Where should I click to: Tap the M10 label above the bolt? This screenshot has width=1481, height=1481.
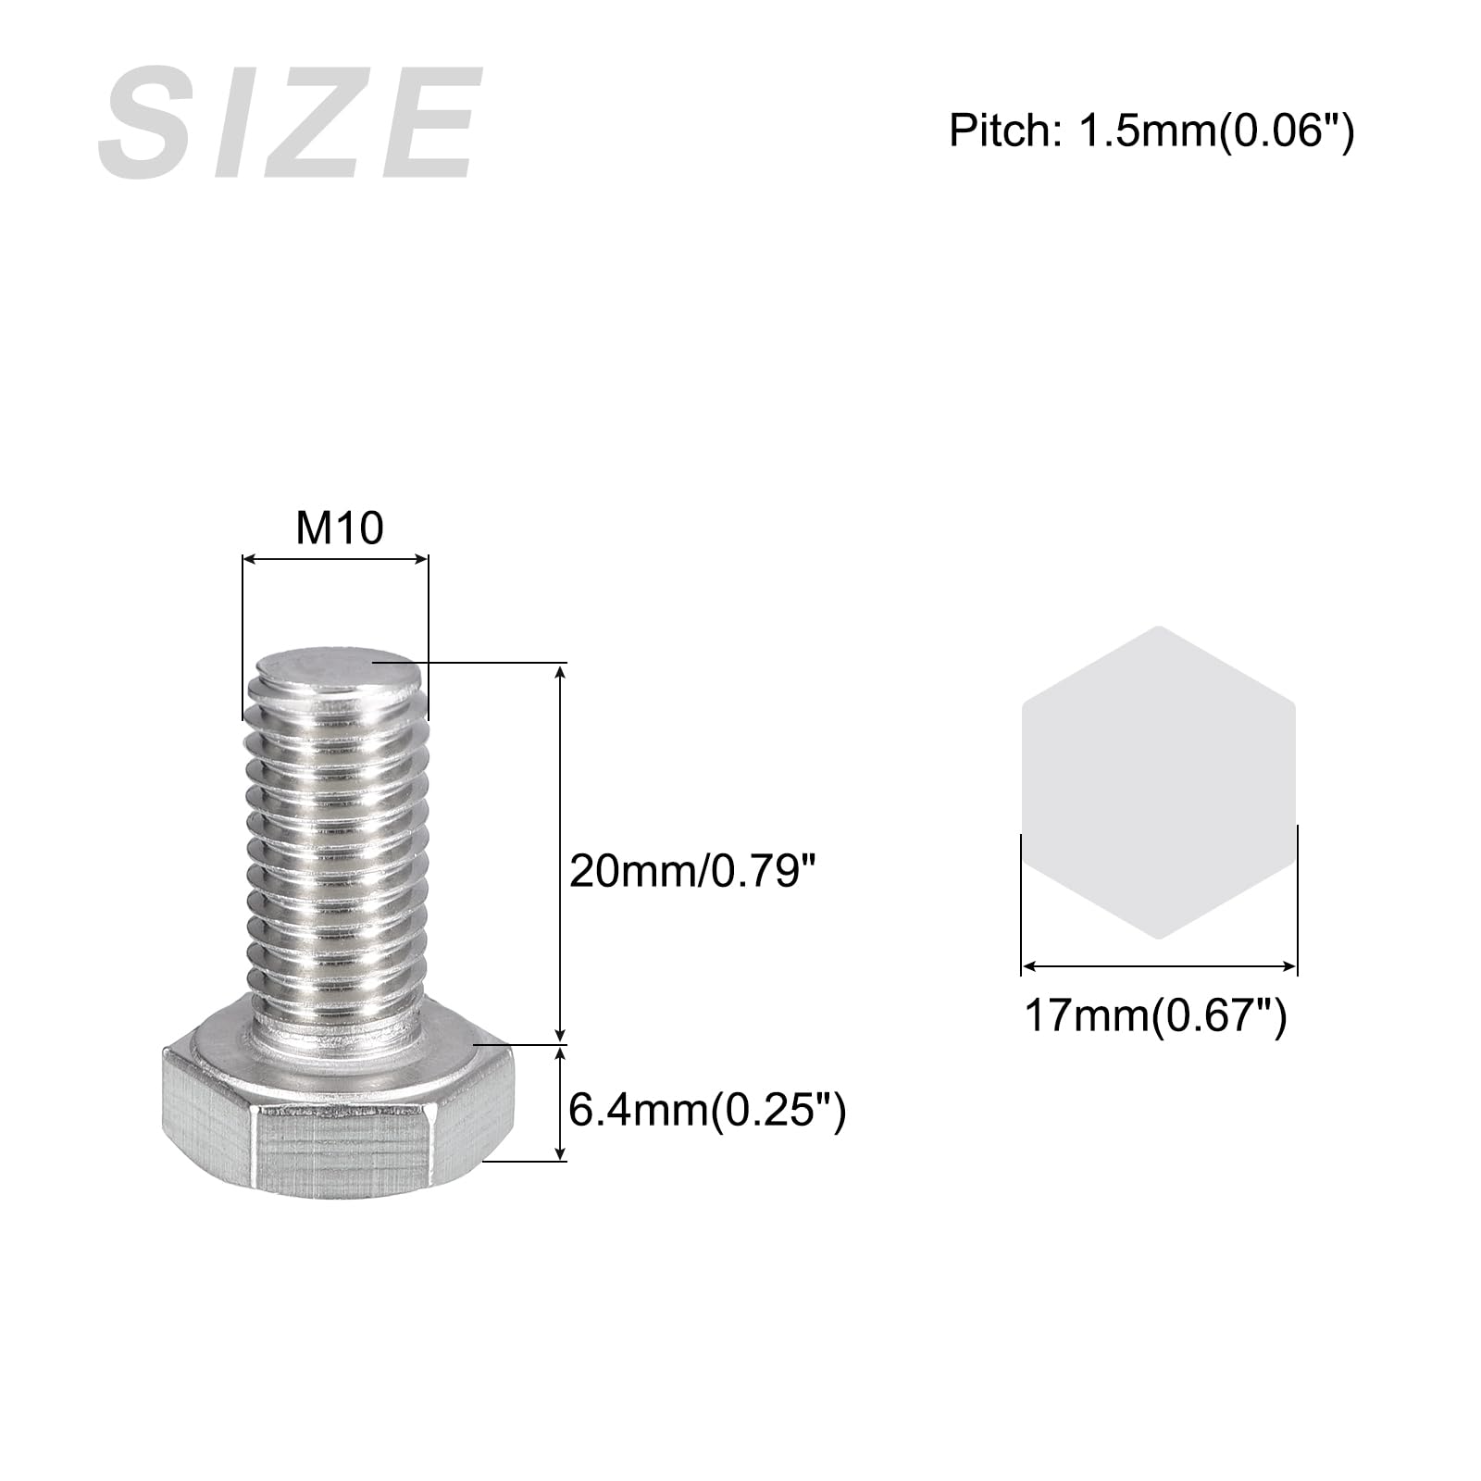click(339, 529)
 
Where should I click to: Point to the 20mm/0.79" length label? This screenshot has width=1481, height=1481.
click(694, 871)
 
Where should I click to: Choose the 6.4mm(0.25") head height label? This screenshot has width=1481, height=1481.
click(706, 1110)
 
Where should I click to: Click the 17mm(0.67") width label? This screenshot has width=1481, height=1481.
click(1155, 1016)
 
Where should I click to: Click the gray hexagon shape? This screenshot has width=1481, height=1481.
click(1158, 782)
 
